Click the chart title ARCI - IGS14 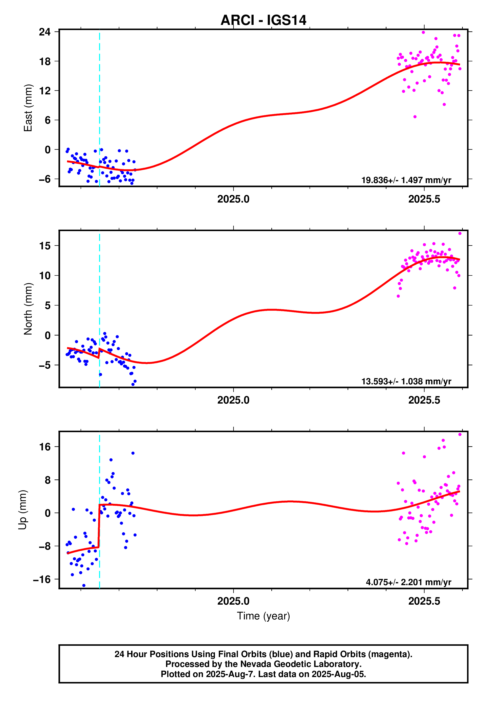click(263, 20)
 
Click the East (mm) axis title click(28, 108)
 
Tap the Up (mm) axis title click(22, 510)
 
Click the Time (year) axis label click(263, 616)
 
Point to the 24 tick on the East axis click(45, 32)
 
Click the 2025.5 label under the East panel click(424, 199)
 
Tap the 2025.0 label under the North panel click(233, 400)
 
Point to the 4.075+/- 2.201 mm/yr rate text click(408, 582)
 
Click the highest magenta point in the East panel click(423, 32)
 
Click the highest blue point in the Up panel click(133, 453)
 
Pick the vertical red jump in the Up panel click(99, 526)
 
